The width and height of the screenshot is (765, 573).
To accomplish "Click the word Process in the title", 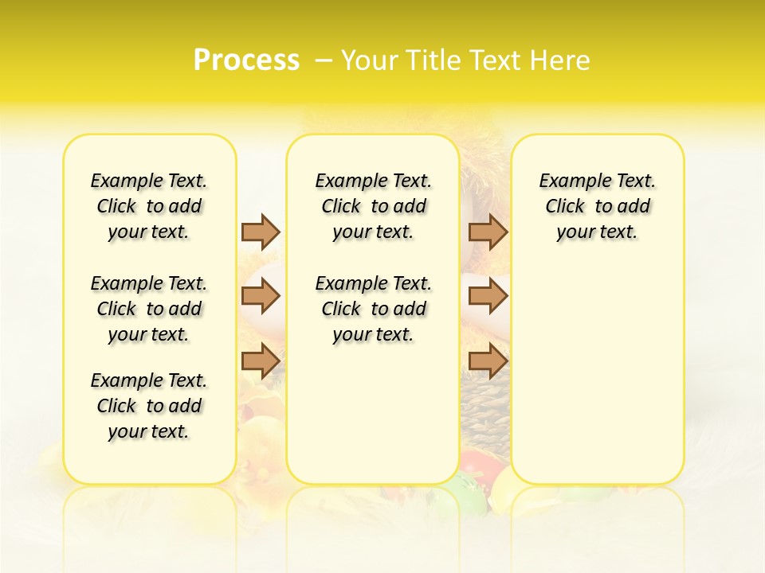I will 246,60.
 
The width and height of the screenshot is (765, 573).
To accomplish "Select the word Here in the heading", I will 561,60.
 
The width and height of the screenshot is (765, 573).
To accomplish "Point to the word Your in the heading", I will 367,60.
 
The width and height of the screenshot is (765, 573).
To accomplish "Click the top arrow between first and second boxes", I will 261,232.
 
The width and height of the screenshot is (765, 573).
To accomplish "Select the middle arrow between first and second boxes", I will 261,296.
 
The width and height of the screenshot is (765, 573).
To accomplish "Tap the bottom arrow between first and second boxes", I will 261,361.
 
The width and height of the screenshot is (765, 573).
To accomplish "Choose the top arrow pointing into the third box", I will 488,232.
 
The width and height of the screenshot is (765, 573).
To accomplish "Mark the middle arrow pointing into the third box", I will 488,296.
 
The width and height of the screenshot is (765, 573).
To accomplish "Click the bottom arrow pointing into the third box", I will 488,361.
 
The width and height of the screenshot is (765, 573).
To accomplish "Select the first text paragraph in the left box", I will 149,206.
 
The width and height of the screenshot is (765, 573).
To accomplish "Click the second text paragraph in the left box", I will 149,309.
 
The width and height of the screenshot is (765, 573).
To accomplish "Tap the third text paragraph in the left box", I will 149,406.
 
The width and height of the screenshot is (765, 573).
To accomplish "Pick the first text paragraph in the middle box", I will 374,206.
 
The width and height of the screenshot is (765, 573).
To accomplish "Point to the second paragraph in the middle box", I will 374,309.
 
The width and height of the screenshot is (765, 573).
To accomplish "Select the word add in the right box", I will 634,206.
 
